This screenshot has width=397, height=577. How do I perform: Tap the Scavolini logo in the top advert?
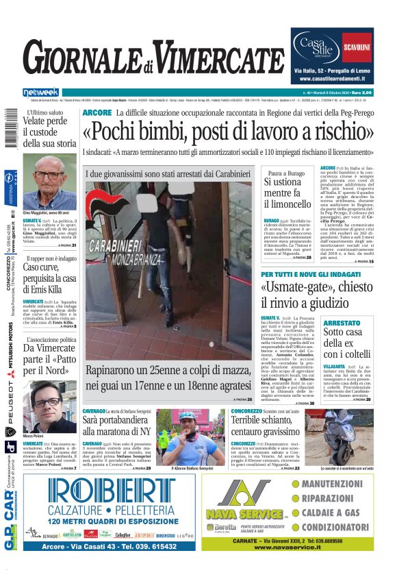point(357,48)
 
